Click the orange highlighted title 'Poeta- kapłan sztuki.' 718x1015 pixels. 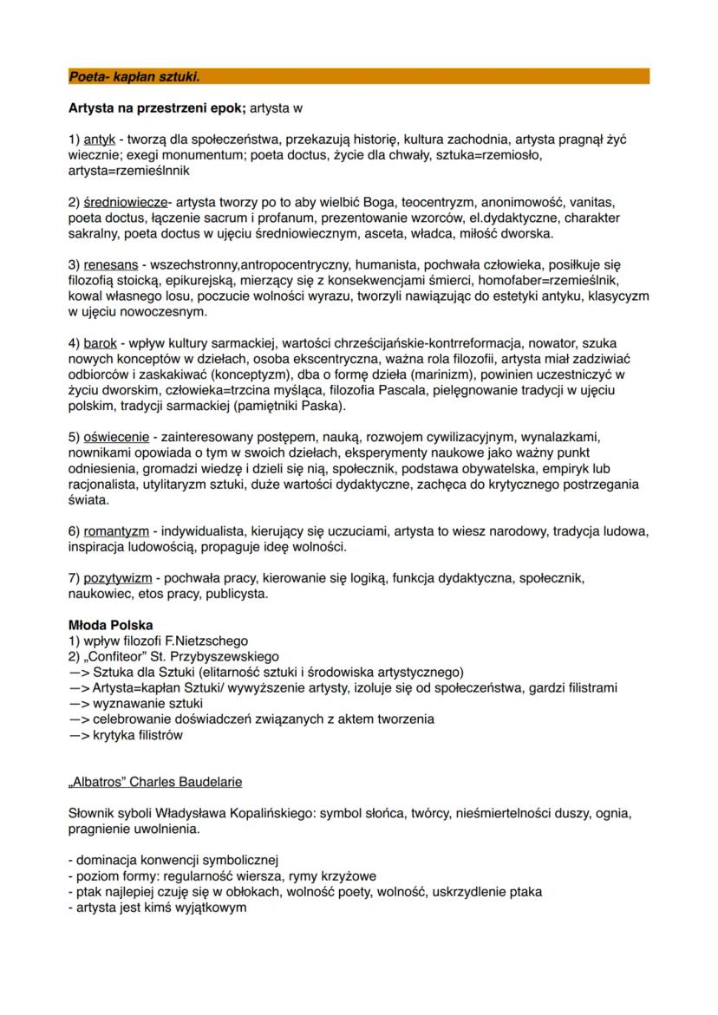[134, 77]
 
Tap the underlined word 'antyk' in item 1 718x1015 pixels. [100, 140]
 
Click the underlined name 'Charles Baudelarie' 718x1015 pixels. [188, 782]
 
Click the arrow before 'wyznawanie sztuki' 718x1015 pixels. [78, 702]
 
